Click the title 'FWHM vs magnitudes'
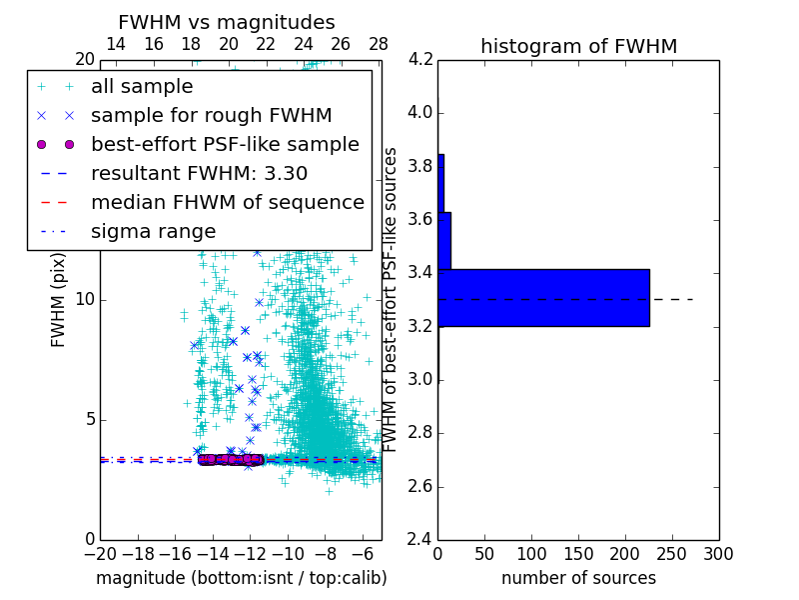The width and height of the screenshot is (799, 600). [x=227, y=22]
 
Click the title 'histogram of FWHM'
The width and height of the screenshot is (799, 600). [x=578, y=46]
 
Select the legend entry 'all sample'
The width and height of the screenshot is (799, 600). [x=142, y=87]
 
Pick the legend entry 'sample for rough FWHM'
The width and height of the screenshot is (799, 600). [x=211, y=115]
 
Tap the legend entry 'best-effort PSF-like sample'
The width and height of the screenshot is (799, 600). [x=225, y=144]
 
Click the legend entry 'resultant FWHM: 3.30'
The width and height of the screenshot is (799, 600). [x=199, y=173]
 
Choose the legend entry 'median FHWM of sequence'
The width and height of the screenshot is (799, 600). [x=227, y=202]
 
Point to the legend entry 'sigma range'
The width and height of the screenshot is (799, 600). [x=153, y=231]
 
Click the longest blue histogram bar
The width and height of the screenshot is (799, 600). [x=543, y=297]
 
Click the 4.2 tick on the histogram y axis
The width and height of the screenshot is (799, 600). [x=420, y=59]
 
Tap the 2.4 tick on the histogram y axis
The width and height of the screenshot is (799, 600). [x=420, y=540]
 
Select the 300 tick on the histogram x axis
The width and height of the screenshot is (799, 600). [x=718, y=554]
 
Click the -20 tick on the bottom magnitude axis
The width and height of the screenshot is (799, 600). [x=100, y=554]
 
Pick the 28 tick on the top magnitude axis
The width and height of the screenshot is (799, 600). [x=379, y=44]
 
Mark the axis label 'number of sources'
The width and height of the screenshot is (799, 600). [x=578, y=578]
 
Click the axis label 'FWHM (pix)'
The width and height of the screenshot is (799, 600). [x=59, y=299]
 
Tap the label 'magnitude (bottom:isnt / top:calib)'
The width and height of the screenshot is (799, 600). [x=241, y=578]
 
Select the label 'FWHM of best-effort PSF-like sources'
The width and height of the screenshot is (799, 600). [x=391, y=299]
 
